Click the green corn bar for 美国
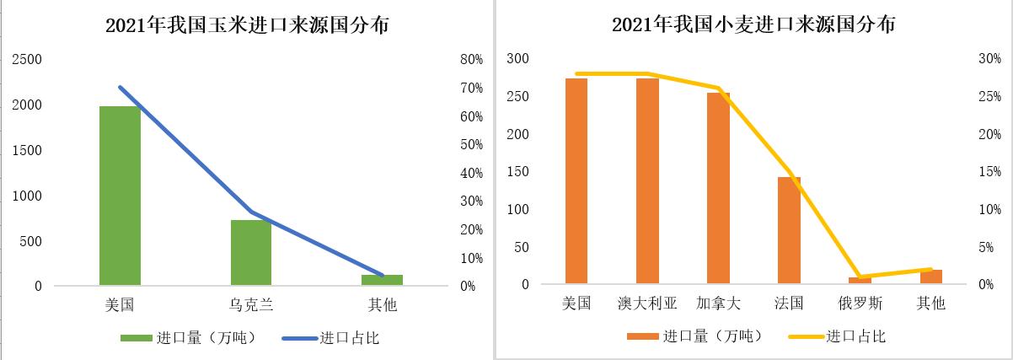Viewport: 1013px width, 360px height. click(x=120, y=196)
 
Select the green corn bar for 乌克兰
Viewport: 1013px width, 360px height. click(x=251, y=252)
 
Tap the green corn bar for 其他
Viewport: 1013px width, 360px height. click(x=383, y=280)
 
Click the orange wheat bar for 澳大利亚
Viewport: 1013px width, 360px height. click(x=647, y=180)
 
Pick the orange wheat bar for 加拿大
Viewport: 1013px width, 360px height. click(x=718, y=188)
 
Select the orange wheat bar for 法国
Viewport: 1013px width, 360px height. click(x=789, y=230)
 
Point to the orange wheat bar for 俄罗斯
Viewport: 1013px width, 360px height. click(x=860, y=281)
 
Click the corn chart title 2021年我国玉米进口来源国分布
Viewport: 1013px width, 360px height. click(x=247, y=26)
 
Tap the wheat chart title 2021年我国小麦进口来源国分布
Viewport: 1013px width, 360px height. click(x=753, y=25)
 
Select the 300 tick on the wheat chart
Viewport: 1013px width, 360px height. click(x=517, y=58)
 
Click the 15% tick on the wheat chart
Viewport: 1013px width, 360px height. click(x=989, y=172)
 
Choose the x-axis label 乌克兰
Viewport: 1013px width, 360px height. click(x=251, y=304)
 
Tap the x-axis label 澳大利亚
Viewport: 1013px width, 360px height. click(x=647, y=303)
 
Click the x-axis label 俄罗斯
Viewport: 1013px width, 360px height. click(x=860, y=303)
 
